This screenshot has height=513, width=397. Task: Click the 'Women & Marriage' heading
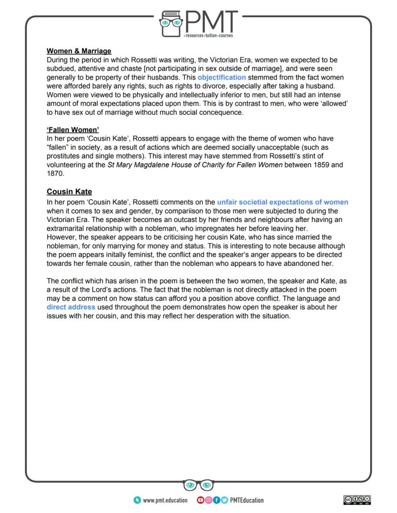click(79, 51)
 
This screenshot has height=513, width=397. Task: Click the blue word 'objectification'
click(222, 77)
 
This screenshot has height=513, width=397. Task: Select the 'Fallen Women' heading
click(72, 130)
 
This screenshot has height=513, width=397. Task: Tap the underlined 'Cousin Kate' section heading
click(69, 192)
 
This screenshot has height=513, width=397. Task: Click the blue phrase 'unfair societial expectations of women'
click(282, 202)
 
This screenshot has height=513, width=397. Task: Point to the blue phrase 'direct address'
click(71, 307)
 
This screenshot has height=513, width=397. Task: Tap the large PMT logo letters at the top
click(211, 22)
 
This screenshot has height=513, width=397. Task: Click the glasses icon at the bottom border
click(198, 486)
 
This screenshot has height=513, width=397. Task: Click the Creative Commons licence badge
click(357, 500)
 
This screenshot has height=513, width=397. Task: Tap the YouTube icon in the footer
click(200, 501)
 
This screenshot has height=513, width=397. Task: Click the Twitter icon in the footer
click(224, 501)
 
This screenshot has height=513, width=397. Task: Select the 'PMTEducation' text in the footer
click(246, 501)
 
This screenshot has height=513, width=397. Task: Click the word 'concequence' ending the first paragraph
click(222, 113)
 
